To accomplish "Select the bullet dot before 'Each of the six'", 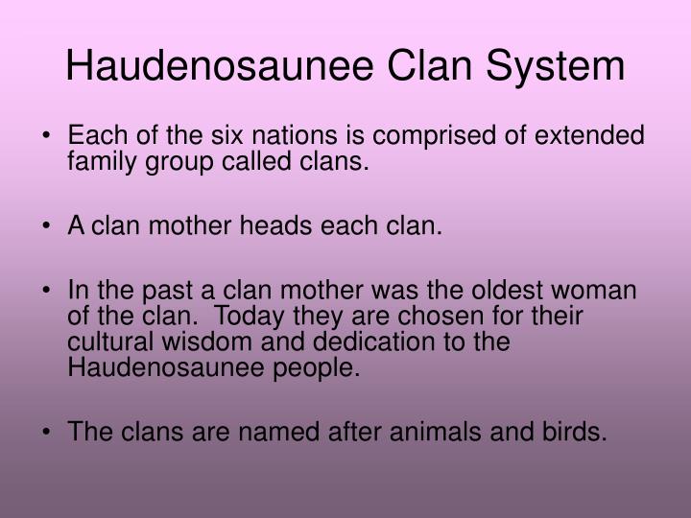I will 48,136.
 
